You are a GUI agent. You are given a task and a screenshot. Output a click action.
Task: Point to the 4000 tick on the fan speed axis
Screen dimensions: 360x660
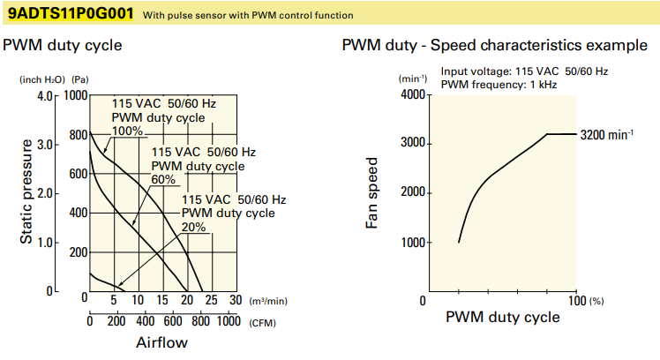[x=412, y=94]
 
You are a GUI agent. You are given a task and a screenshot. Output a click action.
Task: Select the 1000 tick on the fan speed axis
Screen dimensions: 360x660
[x=412, y=243]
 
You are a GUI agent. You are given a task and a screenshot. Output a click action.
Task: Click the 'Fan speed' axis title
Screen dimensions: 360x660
[x=373, y=193]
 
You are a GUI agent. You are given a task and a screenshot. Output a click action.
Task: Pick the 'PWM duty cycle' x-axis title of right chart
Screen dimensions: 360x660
[x=502, y=317]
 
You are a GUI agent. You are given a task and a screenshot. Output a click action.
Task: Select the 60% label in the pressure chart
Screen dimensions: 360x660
[x=164, y=179]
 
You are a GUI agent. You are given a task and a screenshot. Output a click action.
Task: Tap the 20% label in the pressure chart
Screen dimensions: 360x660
[x=193, y=227]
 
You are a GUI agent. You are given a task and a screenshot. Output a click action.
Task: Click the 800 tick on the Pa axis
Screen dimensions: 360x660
[x=76, y=134]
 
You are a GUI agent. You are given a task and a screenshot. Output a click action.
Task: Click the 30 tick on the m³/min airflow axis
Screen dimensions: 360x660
[x=234, y=300]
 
